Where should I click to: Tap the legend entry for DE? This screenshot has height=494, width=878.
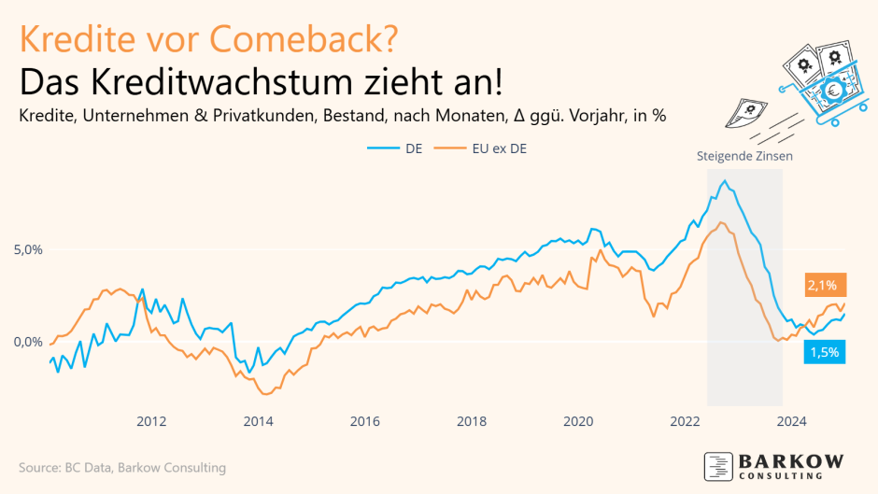click(x=406, y=148)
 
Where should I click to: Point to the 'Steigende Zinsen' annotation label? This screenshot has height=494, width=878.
click(x=744, y=156)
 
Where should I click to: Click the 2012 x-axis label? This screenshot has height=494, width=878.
click(x=151, y=421)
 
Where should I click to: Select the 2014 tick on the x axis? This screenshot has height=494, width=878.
click(x=258, y=421)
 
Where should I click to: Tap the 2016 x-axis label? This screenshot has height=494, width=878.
click(x=364, y=421)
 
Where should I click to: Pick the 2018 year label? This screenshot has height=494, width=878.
click(x=472, y=421)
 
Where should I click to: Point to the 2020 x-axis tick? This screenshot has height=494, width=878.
click(x=578, y=421)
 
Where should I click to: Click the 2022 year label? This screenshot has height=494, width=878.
click(x=685, y=421)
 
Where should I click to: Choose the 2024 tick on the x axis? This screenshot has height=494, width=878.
click(x=792, y=421)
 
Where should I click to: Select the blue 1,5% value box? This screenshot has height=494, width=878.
click(x=824, y=352)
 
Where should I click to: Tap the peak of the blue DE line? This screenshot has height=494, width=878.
click(x=725, y=180)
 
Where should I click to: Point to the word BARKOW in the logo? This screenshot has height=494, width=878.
click(x=792, y=461)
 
